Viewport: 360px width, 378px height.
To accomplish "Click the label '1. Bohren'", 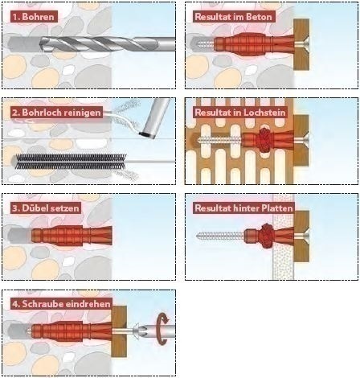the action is tap(34, 17).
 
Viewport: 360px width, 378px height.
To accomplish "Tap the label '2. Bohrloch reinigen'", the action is tap(57, 113).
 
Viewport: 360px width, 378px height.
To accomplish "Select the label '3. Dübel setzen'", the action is tap(46, 208).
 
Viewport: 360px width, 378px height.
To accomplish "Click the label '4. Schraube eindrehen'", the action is tap(61, 304).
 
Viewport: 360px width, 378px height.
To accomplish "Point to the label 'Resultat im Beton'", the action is tap(233, 17).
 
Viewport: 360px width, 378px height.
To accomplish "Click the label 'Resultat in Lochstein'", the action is tap(240, 113).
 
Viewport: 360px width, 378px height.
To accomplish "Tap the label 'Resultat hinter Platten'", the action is tap(243, 208).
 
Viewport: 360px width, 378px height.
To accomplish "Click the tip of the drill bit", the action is tap(41, 43).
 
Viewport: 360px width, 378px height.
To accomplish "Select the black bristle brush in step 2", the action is tap(70, 162).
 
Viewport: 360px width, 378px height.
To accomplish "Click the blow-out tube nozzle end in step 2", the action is tap(147, 134).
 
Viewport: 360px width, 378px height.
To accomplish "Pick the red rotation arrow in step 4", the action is tap(162, 329).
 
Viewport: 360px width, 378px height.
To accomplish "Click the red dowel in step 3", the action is tap(72, 236).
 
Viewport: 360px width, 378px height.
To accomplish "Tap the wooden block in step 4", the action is tap(119, 331).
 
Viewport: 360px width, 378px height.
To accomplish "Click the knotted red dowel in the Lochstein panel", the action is tap(264, 140).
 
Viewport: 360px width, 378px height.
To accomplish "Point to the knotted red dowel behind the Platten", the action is tap(267, 236).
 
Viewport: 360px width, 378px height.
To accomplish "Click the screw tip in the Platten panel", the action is tap(198, 236).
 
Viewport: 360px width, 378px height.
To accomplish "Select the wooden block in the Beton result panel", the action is tap(301, 44).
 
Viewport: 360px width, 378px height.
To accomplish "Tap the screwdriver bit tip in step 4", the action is tap(135, 331).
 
